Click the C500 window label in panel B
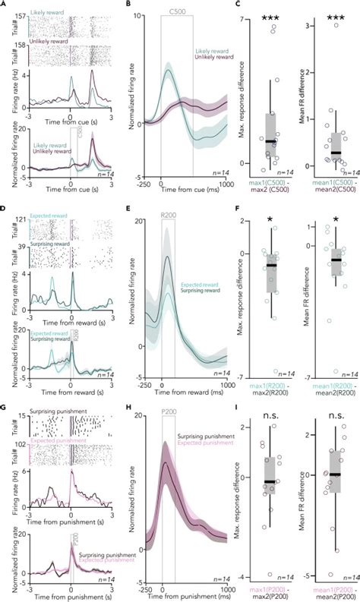click(x=176, y=15)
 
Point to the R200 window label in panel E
click(x=167, y=216)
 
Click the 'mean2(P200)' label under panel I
click(x=330, y=595)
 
